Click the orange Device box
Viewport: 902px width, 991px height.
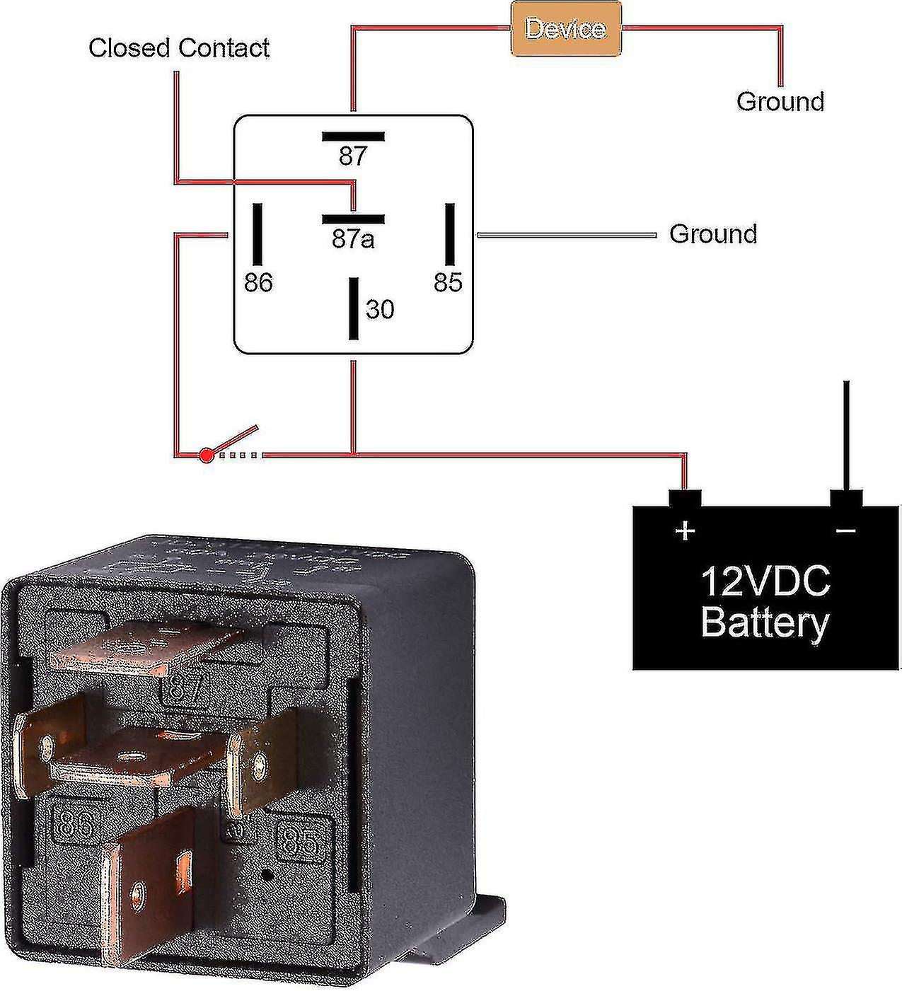(x=566, y=29)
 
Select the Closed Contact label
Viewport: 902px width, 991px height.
(x=178, y=48)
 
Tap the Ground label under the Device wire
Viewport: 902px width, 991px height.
(x=780, y=101)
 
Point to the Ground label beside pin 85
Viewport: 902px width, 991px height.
(x=713, y=234)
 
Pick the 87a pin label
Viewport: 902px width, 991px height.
(x=352, y=240)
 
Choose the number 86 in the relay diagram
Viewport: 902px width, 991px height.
(x=258, y=283)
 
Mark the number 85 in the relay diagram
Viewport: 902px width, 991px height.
(x=448, y=283)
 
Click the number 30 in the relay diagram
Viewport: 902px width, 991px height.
(x=380, y=310)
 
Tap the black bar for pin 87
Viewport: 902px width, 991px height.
(x=353, y=137)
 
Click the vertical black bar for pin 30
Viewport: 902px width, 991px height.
(x=353, y=308)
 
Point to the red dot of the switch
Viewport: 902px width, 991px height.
(x=206, y=456)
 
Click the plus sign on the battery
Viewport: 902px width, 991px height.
(x=684, y=530)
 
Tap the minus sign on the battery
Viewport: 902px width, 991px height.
(x=846, y=530)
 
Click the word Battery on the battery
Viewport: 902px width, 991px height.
(x=765, y=623)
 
